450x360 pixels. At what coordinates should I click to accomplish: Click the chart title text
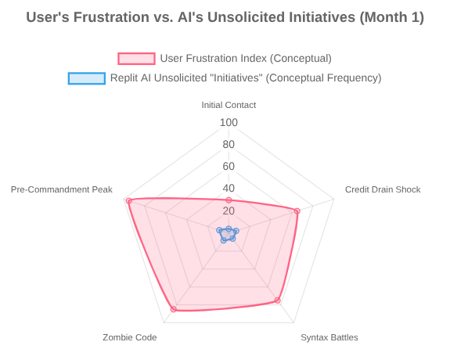225,17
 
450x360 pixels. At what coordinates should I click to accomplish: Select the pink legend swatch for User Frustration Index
137,59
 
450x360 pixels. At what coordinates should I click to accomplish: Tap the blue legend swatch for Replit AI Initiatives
87,78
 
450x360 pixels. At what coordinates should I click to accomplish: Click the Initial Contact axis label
229,105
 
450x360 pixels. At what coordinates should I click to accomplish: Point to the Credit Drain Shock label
383,189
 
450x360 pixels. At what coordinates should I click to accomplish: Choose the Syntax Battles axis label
329,337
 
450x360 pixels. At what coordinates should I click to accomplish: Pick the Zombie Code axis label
130,337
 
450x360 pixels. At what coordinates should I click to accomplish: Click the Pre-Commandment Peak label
62,189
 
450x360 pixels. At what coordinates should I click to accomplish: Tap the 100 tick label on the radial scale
229,123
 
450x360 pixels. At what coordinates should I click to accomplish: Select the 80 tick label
229,145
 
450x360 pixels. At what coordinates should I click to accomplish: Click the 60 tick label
229,166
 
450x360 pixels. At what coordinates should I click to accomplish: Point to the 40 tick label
229,189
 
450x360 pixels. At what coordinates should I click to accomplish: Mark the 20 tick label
229,211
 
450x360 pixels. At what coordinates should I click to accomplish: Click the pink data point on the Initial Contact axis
229,200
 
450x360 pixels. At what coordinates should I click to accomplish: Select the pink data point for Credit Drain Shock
297,211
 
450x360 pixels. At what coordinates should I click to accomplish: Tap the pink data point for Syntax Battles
278,301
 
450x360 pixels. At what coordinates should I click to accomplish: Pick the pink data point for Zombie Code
173,309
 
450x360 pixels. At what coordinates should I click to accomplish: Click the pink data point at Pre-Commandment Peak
129,201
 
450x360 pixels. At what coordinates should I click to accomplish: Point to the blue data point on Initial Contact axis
229,229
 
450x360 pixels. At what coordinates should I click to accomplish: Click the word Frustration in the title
111,17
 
